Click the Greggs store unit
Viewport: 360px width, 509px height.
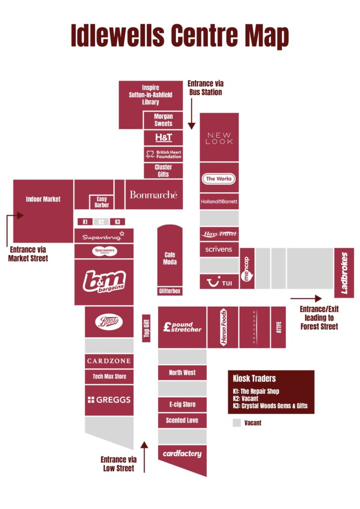coord(109,400)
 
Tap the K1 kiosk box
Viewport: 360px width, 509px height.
coord(85,222)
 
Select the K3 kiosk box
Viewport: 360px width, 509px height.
coord(117,222)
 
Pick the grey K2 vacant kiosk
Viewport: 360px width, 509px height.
coord(101,222)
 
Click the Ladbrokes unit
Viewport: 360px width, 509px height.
coord(344,273)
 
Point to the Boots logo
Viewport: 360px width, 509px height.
coord(109,322)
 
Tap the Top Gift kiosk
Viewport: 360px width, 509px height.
coord(146,328)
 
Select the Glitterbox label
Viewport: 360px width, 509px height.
coord(170,291)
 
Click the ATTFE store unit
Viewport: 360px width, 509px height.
coord(278,327)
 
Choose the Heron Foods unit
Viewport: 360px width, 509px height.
coord(223,327)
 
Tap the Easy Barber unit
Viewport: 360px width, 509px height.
coord(101,202)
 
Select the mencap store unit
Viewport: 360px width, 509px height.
coord(248,268)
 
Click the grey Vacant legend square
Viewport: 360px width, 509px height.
coord(237,423)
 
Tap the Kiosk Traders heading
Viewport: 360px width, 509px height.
coord(255,378)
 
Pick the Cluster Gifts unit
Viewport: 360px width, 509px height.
coord(163,170)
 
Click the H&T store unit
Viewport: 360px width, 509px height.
coord(163,137)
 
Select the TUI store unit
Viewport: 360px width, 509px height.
coord(219,282)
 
